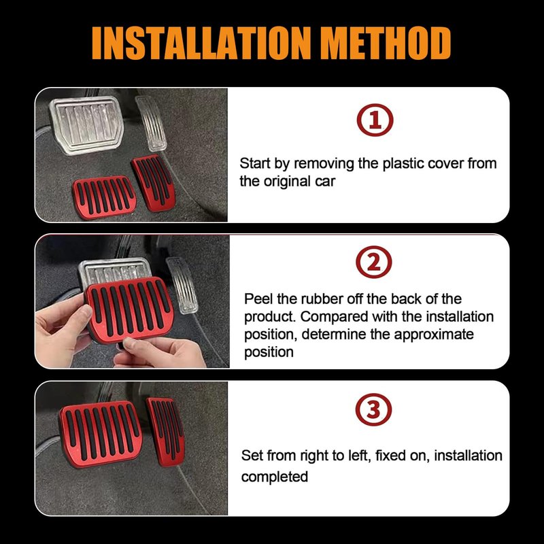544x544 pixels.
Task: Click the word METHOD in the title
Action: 386,44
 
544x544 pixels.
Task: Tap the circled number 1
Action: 375,120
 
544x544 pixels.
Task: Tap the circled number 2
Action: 374,262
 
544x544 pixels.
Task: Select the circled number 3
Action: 373,409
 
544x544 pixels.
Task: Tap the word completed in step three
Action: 275,477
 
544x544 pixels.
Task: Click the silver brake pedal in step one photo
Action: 86,124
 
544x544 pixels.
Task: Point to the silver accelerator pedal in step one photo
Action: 150,123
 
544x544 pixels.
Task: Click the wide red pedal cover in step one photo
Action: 104,197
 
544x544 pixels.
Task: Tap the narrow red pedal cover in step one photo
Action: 152,183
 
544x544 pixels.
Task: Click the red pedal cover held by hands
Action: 129,309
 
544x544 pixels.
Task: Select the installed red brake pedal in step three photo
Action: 101,434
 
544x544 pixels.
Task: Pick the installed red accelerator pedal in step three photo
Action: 165,430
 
